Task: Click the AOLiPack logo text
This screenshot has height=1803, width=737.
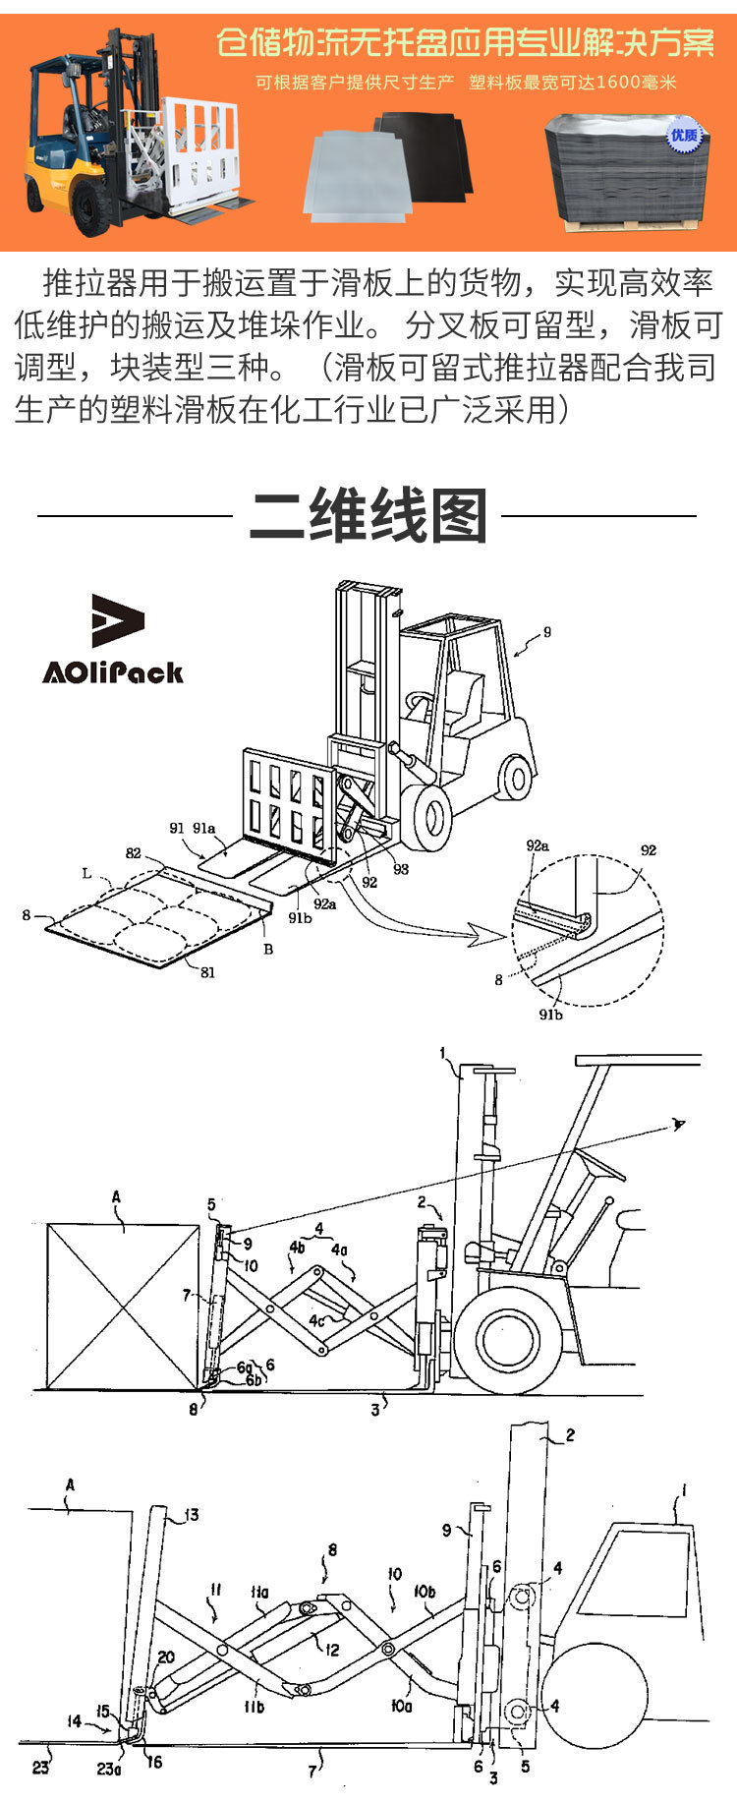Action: tap(112, 672)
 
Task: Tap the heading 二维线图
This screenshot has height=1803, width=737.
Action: tap(368, 516)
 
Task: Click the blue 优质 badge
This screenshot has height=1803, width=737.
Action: tap(684, 135)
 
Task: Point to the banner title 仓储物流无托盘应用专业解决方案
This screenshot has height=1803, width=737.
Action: tap(465, 43)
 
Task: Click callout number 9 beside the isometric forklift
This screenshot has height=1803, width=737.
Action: tap(547, 632)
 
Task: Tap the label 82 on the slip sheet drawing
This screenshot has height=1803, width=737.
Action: tap(134, 853)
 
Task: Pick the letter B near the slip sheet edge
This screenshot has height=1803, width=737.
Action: tap(267, 950)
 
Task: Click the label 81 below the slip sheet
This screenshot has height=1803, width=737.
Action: tap(207, 973)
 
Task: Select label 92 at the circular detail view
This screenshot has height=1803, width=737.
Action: tap(648, 850)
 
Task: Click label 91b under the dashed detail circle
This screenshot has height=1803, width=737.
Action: tap(550, 1015)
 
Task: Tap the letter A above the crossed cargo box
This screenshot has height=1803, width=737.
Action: tap(116, 1197)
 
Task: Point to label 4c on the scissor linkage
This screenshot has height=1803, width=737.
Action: tap(316, 1321)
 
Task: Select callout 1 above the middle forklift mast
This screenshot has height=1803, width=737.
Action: tap(443, 1054)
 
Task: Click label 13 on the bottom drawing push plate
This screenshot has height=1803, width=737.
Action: tap(191, 1515)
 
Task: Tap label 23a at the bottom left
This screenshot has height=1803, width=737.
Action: tap(108, 1769)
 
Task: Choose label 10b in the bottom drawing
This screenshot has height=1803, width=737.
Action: tap(425, 1591)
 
